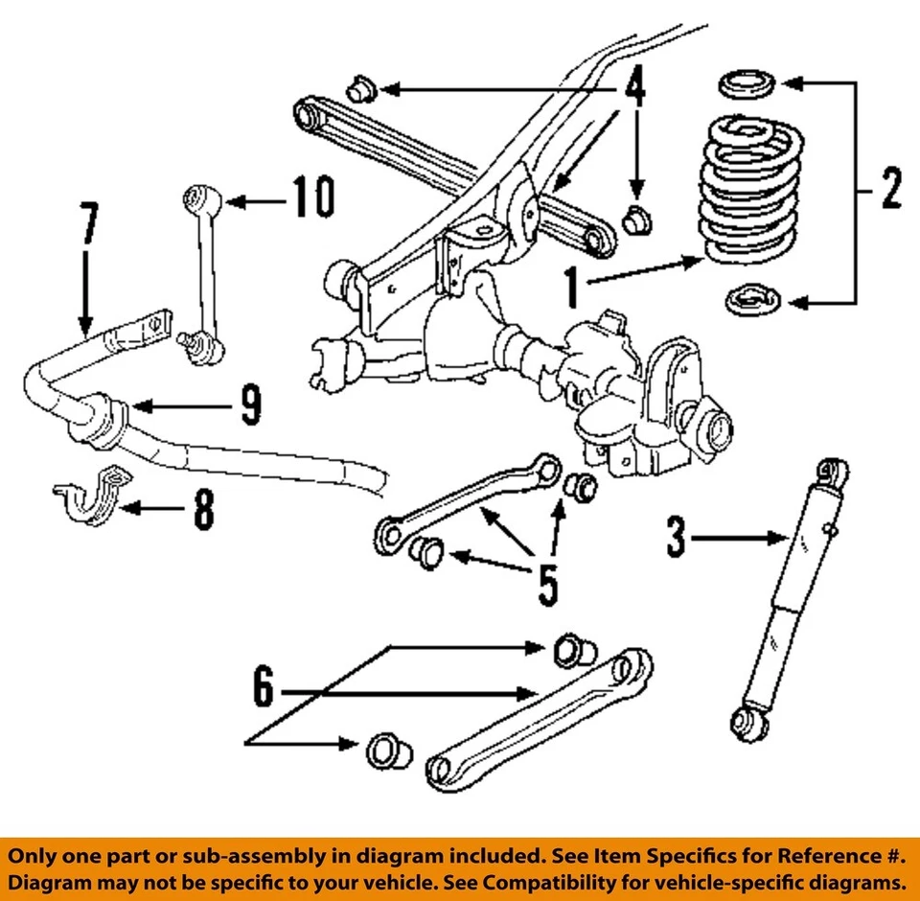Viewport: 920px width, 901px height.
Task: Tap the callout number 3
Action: (677, 539)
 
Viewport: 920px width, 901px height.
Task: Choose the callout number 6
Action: (264, 688)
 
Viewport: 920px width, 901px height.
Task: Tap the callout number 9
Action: (250, 406)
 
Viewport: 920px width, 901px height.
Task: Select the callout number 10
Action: (312, 199)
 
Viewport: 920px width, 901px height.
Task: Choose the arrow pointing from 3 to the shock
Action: (738, 540)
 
